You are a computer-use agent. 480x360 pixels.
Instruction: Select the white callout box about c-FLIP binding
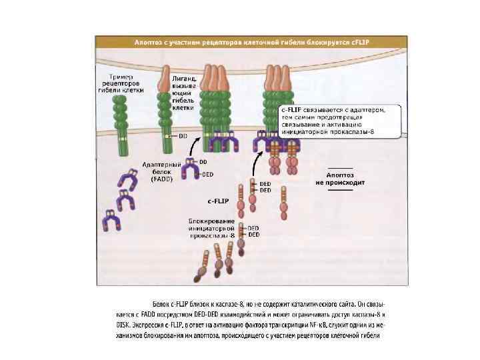339,121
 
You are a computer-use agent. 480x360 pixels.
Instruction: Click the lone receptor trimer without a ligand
120,123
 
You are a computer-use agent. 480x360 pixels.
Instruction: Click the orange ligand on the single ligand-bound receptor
165,84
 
